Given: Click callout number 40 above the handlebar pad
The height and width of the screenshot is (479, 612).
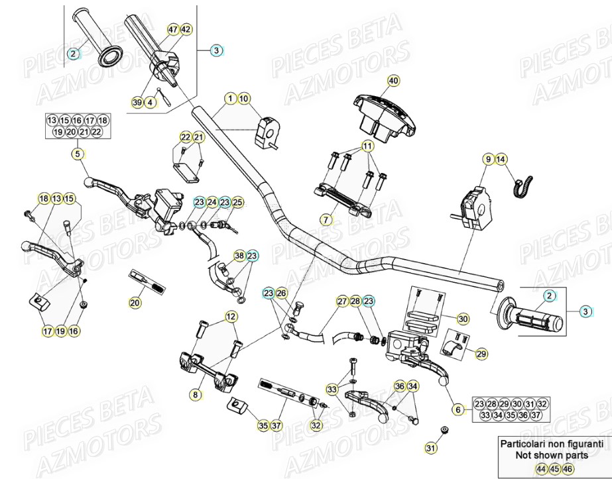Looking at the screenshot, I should click(x=393, y=81).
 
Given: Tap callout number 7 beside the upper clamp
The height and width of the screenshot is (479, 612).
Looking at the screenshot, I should click(x=326, y=219).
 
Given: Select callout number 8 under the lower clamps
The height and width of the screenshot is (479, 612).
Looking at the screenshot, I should click(x=195, y=395).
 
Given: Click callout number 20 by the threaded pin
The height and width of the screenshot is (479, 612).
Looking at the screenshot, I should click(x=135, y=303).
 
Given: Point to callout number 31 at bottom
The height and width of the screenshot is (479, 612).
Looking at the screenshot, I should click(x=432, y=449).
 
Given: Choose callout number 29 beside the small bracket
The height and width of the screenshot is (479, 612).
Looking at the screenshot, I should click(x=481, y=354).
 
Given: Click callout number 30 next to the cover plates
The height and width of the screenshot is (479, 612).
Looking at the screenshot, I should click(x=463, y=319).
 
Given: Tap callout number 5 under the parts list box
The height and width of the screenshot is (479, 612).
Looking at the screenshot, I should click(x=78, y=154).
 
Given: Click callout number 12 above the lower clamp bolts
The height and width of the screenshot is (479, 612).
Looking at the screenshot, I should click(x=230, y=317).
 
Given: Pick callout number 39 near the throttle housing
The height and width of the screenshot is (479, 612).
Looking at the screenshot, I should click(x=137, y=102).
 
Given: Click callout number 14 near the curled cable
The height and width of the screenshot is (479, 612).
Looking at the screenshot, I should click(x=501, y=159).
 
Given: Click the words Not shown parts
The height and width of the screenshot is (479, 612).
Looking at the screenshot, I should click(x=552, y=456).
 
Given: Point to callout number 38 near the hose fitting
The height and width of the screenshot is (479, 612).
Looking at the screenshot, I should click(x=239, y=255).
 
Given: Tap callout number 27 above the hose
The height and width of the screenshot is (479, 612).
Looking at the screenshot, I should click(x=341, y=301).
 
